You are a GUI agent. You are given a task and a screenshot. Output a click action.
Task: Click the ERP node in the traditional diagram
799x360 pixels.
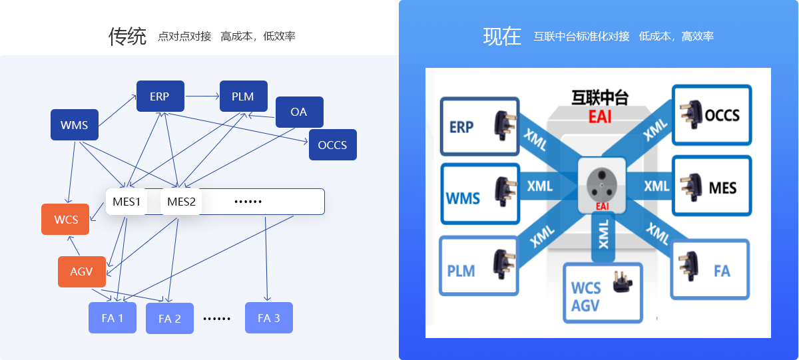160,96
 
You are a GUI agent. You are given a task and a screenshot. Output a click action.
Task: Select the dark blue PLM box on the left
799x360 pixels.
243,96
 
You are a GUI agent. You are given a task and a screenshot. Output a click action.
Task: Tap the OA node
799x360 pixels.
299,112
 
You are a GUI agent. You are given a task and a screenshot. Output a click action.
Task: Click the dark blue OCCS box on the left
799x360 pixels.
332,144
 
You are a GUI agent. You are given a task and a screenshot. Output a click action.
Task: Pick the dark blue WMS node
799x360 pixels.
75,125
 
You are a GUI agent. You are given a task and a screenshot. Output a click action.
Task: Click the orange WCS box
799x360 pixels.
65,220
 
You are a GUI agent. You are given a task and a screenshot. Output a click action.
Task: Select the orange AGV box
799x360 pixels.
82,271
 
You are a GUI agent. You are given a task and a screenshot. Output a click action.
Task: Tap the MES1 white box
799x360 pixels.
127,202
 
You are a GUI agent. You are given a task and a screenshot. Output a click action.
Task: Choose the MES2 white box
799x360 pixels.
181,202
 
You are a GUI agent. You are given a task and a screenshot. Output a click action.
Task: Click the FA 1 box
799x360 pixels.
113,317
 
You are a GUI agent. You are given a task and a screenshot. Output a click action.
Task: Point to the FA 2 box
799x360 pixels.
169,318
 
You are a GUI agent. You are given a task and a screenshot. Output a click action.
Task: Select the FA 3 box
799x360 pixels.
268,317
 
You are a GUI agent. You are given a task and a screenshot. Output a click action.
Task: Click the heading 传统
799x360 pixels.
127,37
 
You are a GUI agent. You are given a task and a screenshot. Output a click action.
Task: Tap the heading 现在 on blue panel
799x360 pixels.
502,37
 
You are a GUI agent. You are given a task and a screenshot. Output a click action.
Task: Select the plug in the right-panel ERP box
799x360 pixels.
502,124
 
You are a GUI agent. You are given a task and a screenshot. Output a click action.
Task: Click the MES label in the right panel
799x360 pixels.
722,188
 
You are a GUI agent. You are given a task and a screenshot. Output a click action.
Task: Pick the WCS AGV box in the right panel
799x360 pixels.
603,293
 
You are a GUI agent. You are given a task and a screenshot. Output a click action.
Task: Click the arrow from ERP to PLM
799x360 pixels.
203,96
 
